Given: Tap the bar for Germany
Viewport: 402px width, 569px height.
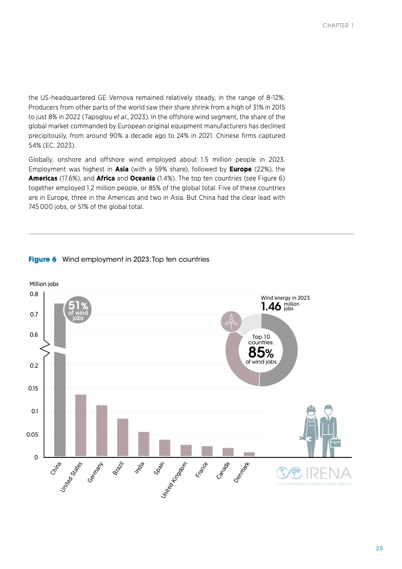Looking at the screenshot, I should coord(101,431).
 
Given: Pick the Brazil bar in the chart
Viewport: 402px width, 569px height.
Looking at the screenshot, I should coord(123,437).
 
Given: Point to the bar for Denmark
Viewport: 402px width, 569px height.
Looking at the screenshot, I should coord(249,454).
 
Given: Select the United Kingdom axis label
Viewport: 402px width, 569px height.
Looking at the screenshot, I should coord(175,479).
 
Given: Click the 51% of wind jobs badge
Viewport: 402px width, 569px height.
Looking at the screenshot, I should coord(78,309).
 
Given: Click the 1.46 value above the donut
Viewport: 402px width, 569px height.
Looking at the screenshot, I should coord(271,306).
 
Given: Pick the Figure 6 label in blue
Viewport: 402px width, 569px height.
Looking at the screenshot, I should coord(42,259).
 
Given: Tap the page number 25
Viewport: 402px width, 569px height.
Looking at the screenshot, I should coord(379,548).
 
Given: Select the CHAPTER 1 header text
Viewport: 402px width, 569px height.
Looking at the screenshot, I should coord(338,25).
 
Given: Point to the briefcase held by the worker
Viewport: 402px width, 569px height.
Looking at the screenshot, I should coord(335,442).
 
